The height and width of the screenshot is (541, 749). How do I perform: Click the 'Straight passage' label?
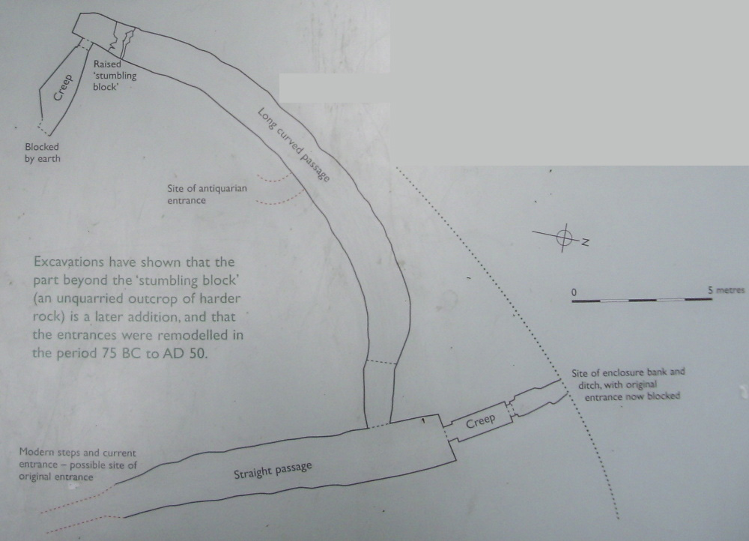tap(273, 470)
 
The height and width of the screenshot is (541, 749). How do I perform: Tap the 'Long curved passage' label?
tap(294, 145)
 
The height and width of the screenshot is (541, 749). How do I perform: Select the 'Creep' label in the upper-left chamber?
tap(63, 88)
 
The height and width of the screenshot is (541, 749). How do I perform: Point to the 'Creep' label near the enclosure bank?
tap(481, 421)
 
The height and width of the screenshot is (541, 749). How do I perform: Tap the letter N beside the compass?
tap(585, 242)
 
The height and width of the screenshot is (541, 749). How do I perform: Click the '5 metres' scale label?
tap(726, 290)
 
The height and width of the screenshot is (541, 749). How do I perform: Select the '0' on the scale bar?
tap(574, 292)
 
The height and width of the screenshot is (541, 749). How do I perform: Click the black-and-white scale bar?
tap(642, 300)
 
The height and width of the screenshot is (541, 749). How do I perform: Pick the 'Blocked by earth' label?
tap(43, 152)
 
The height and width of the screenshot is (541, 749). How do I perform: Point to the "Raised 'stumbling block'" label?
tap(115, 75)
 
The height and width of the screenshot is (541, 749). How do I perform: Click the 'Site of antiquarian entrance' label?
tap(207, 194)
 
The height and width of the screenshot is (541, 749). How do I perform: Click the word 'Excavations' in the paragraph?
tap(69, 262)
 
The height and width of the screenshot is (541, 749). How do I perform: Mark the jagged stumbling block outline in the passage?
tap(122, 39)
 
